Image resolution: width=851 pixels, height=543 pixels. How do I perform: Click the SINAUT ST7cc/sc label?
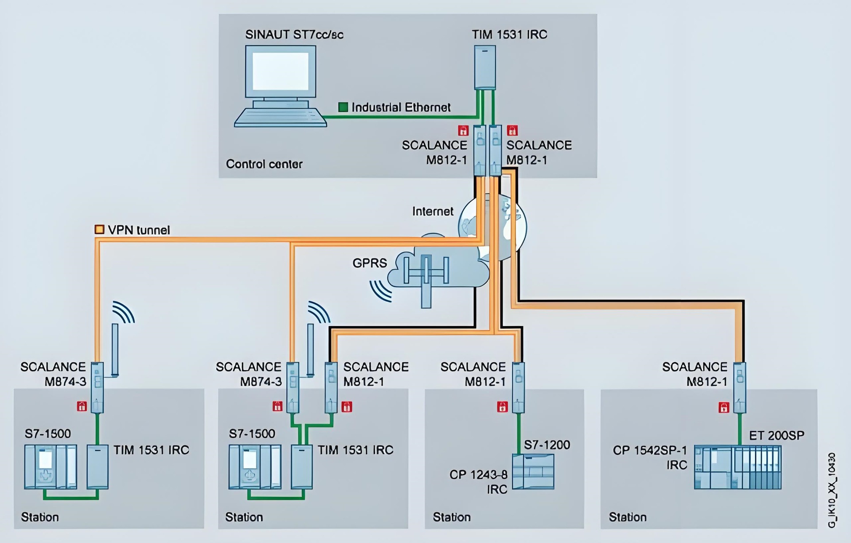coord(294,35)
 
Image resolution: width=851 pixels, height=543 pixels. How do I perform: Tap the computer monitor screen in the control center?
coord(281,71)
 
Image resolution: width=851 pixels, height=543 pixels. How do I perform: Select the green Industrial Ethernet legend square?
coord(343,107)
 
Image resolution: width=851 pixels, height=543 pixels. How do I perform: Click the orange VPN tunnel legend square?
coord(100,229)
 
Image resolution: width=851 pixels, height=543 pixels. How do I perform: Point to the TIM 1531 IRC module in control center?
coord(485,67)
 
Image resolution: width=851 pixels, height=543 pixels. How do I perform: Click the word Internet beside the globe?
coord(433,211)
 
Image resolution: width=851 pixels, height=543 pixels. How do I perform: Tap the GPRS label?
coord(370,263)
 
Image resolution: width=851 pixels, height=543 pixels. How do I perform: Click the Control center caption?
coord(264,164)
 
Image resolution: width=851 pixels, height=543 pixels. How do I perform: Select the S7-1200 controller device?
coord(533,471)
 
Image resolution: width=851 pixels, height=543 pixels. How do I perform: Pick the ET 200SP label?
coord(777,435)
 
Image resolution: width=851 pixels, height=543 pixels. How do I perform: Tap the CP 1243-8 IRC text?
coord(479,482)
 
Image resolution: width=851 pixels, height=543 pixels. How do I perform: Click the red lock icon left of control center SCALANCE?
coord(463,130)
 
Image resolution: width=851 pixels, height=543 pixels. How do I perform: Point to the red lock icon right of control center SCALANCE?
coord(512,130)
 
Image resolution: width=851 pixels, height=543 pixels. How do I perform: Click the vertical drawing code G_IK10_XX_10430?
coord(832,490)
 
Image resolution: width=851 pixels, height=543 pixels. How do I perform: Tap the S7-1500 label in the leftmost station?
coord(48,433)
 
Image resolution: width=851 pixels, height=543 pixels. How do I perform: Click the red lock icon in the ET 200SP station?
coord(723,407)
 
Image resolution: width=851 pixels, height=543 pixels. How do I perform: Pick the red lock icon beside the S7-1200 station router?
coord(502,406)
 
